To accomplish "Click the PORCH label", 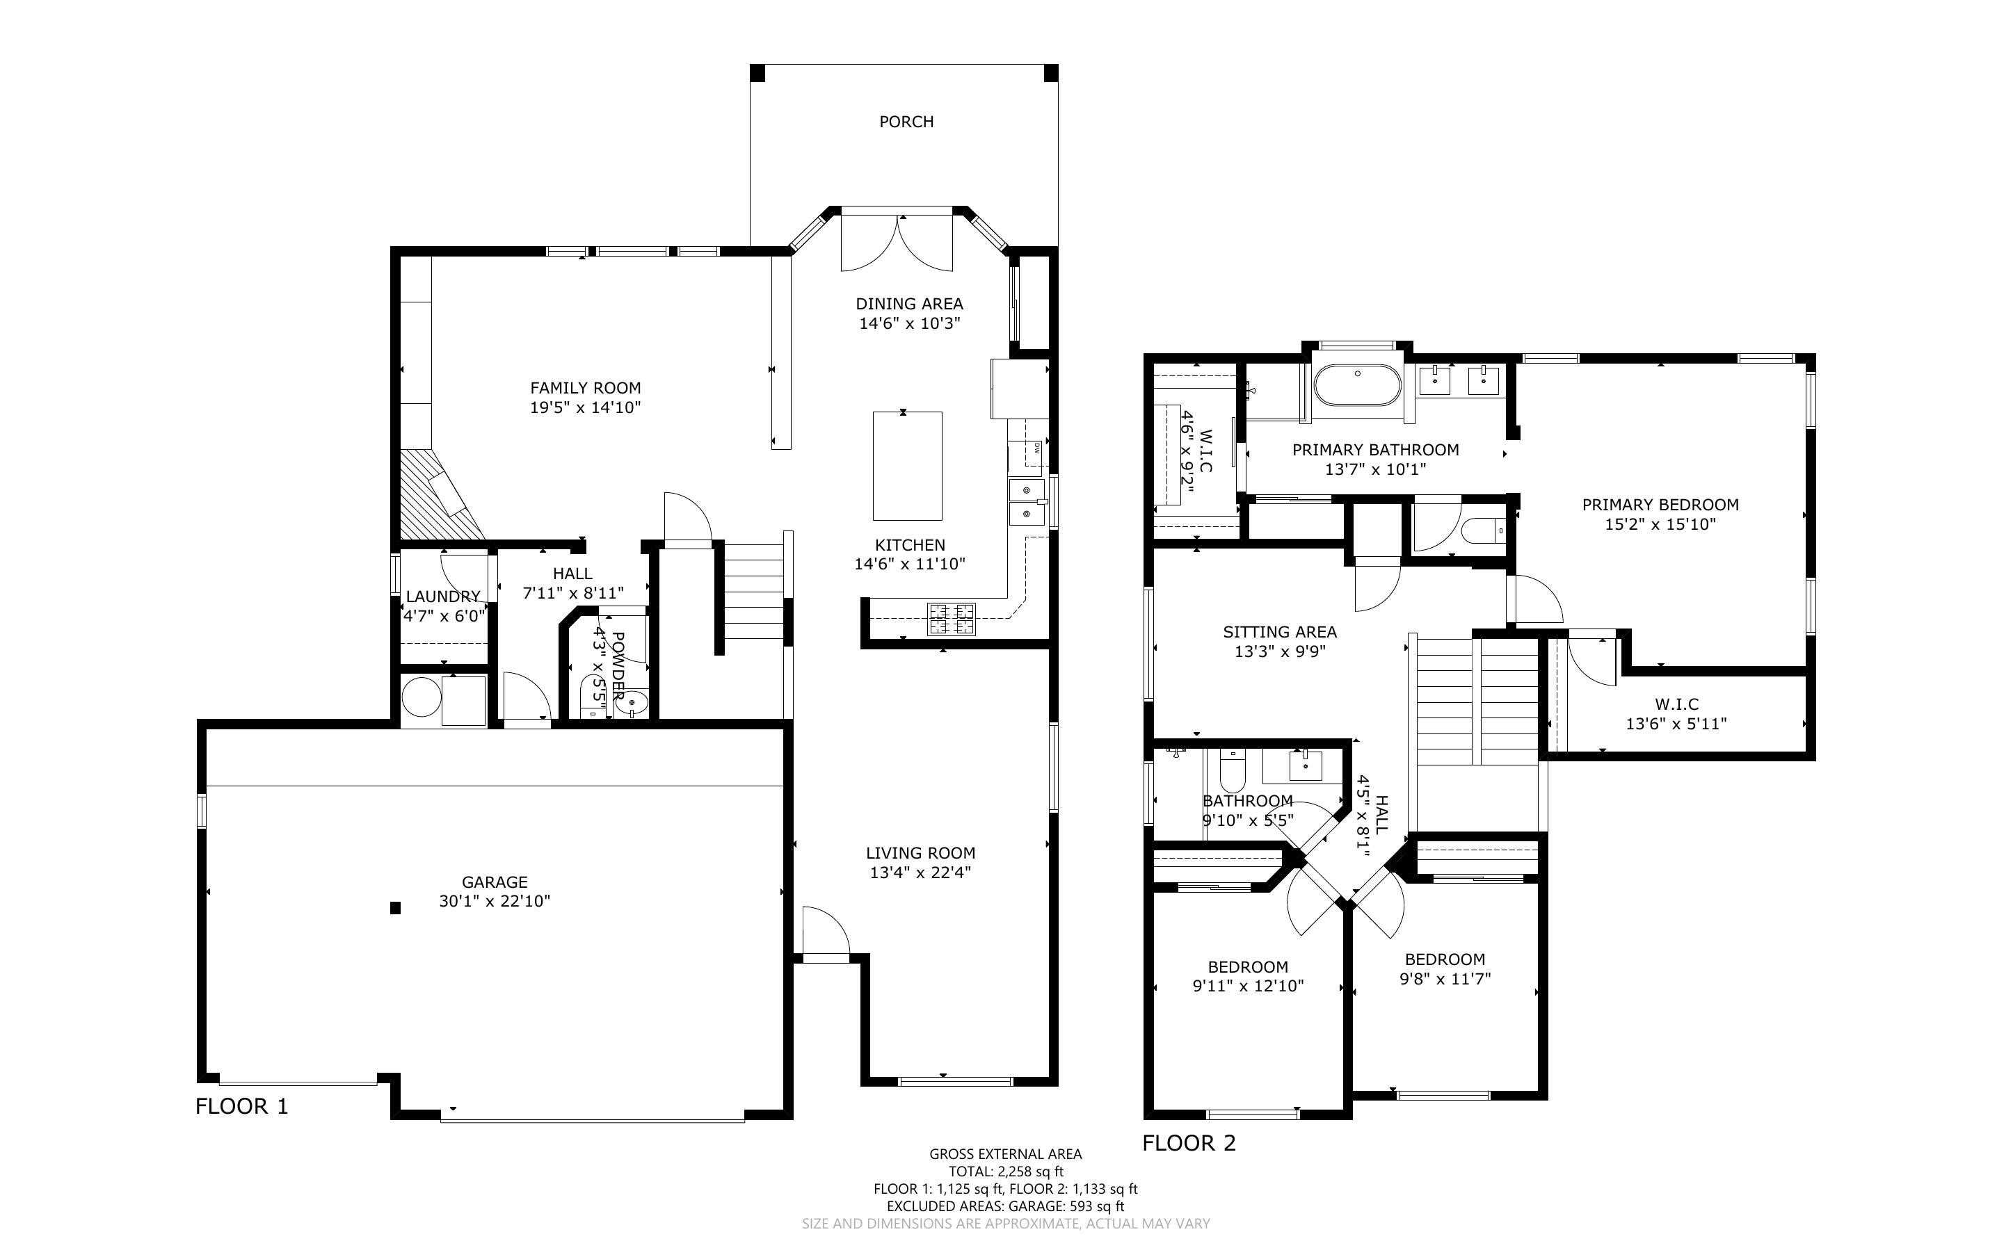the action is (x=906, y=122).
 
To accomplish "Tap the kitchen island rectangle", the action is (x=907, y=466).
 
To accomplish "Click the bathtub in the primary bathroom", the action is (x=1358, y=385).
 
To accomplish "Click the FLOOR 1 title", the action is (x=242, y=1107).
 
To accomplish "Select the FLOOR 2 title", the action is (x=1189, y=1143).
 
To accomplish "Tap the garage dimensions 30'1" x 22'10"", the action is (x=495, y=901).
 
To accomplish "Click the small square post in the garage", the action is (x=396, y=909).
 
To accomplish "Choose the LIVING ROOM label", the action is (x=920, y=853).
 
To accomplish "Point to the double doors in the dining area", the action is (x=897, y=243).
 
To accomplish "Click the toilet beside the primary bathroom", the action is (x=1482, y=530).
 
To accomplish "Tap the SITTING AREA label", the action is (x=1280, y=632).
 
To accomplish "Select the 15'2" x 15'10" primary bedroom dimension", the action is (x=1660, y=525).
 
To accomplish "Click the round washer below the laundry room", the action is (x=422, y=697).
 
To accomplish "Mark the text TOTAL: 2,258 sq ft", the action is (x=1006, y=1172).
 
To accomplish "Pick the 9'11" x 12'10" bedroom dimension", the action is (x=1248, y=987).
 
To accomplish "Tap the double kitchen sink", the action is (x=1027, y=502).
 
